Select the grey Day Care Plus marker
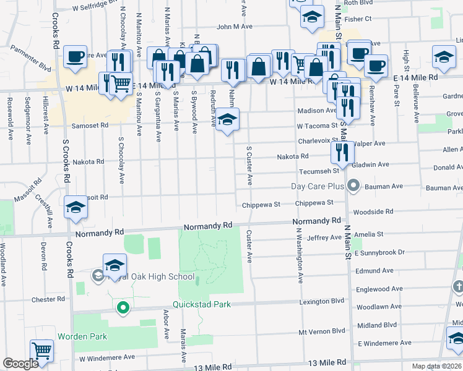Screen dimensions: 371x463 tap(353, 185)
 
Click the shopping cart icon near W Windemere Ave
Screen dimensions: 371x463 tap(41, 351)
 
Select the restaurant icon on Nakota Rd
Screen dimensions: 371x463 tap(342, 151)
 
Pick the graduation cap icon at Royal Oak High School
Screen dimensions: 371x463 tap(115, 265)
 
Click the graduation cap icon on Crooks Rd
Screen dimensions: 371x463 tap(76, 207)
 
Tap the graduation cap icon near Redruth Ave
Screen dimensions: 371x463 tap(227, 119)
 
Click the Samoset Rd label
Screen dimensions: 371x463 tap(92, 125)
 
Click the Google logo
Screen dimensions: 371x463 tap(20, 364)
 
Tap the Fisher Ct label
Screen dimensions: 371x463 tap(358, 19)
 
